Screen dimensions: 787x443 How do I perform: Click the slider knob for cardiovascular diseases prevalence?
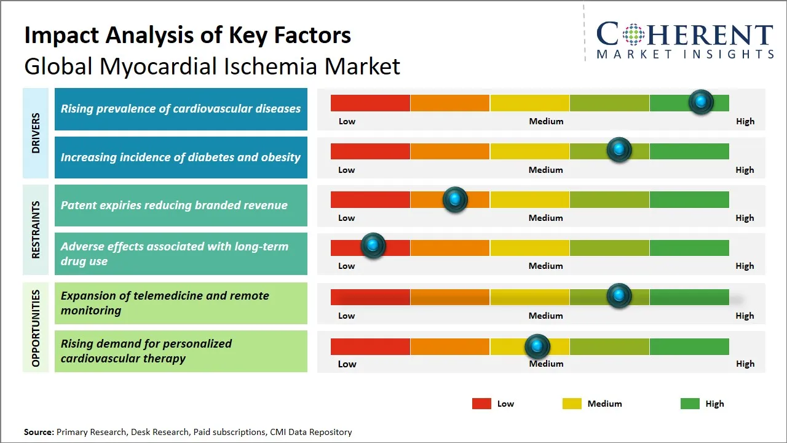pos(701,102)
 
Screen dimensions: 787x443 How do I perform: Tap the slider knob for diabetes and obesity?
pos(619,150)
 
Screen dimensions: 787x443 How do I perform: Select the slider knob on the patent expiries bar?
pos(455,199)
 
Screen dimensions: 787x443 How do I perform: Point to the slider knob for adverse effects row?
pos(373,245)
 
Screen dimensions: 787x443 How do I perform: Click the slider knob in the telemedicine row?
pos(619,296)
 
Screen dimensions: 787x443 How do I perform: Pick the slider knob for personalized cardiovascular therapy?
pos(537,346)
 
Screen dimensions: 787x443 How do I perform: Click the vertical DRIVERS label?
pos(36,133)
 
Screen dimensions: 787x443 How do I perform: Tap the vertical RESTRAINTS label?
pos(36,230)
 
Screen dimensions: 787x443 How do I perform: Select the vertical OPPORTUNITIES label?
pos(36,328)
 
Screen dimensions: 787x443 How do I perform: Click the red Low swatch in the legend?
pos(481,404)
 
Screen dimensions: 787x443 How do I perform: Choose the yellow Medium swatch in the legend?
pos(572,404)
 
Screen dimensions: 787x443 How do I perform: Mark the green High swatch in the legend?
pos(690,404)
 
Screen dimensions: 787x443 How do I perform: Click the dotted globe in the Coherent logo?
pos(633,34)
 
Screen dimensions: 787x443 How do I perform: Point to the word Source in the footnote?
pos(39,432)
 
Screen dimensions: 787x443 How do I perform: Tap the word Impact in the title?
pos(62,36)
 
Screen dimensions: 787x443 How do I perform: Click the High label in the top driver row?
pos(745,121)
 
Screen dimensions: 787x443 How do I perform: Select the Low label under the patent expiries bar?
pos(346,218)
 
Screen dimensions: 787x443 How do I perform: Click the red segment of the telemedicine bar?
pos(370,297)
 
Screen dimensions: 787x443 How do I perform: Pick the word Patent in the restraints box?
pos(78,205)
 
